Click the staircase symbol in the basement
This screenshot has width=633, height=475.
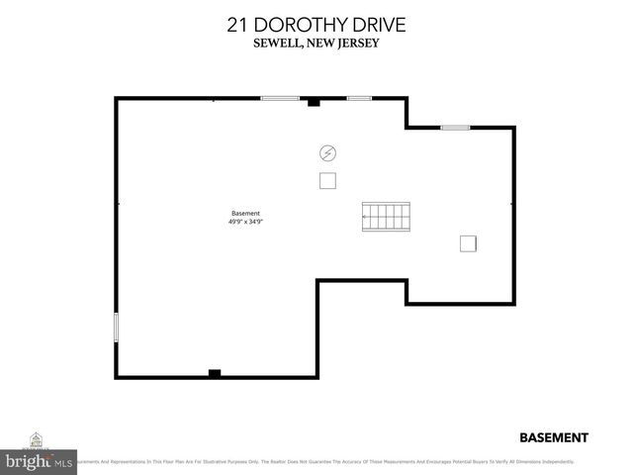click(386, 215)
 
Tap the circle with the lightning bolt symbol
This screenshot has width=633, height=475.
click(327, 153)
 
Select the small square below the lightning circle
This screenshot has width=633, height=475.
click(327, 181)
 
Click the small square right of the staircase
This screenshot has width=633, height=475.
click(468, 243)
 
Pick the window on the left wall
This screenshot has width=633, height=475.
click(117, 327)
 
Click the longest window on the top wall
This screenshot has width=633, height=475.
click(280, 98)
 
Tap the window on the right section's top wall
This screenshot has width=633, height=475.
click(455, 127)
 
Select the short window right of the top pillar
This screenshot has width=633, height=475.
click(359, 98)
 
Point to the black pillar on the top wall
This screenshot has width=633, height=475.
click(314, 101)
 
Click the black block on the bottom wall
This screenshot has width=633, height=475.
click(214, 373)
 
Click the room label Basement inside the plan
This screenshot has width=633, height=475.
click(245, 214)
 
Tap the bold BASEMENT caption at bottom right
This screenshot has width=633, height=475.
click(554, 437)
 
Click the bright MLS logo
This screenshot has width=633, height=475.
click(40, 461)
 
